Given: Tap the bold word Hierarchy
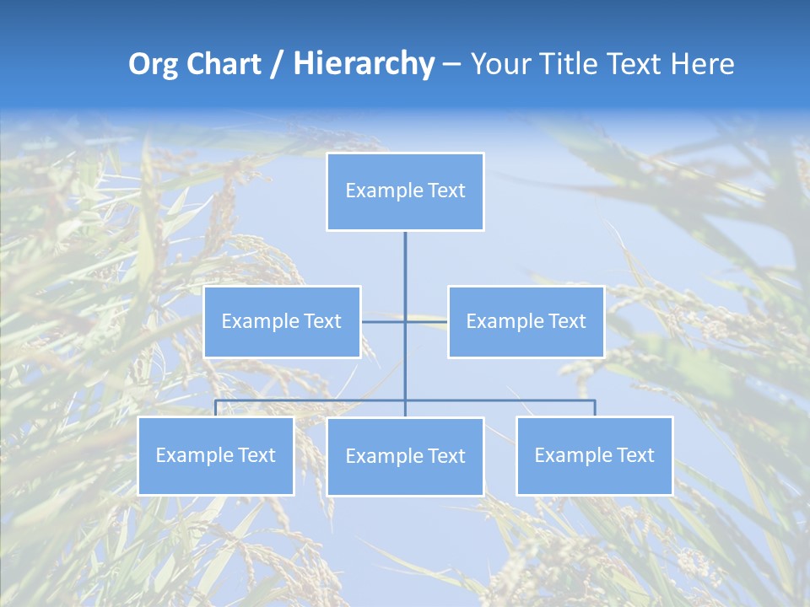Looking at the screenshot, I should pos(363,64).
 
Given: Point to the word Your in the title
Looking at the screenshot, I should pos(499,64).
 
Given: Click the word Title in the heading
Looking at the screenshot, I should pos(566,64).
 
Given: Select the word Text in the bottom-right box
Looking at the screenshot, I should pos(634,455).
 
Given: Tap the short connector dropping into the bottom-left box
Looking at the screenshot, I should pos(216,408).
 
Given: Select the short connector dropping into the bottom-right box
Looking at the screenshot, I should pos(595,408).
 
